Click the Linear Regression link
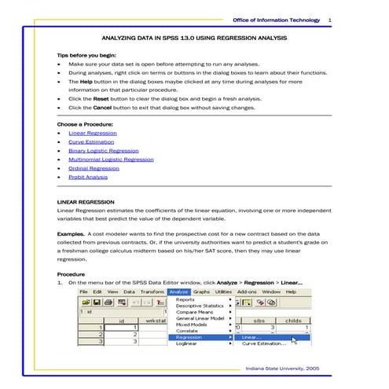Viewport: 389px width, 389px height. pos(92,134)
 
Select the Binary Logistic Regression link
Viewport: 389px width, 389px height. pos(103,151)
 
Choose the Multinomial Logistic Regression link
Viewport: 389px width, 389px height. pos(111,160)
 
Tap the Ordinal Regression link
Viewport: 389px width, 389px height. pos(94,168)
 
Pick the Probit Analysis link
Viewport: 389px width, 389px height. pos(88,177)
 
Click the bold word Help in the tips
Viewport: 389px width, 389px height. pos(86,81)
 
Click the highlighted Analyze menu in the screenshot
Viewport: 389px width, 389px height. pos(178,292)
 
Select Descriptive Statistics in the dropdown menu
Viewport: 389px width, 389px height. pos(200,306)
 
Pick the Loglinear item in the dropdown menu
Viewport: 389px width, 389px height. pos(187,343)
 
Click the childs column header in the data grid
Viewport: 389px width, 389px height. pos(292,320)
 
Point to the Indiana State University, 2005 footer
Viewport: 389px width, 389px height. pos(282,367)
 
